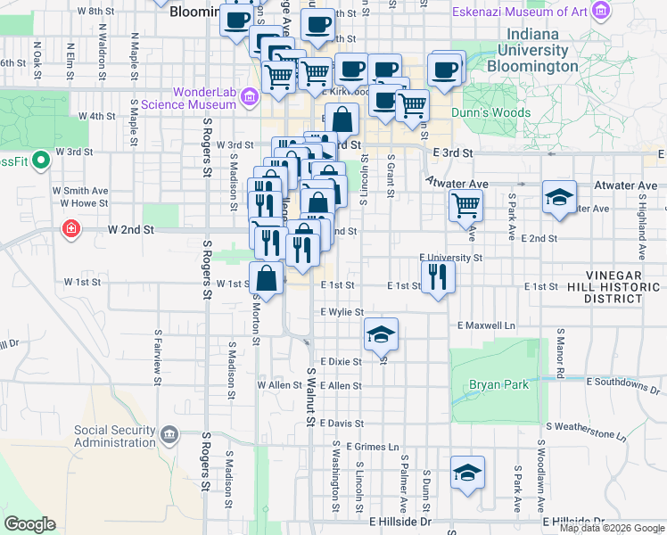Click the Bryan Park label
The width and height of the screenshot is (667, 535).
click(x=498, y=384)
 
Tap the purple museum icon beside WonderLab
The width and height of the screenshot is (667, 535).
click(x=249, y=96)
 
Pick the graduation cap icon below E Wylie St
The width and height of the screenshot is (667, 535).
click(x=381, y=334)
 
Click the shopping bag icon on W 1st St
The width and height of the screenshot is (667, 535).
click(x=267, y=278)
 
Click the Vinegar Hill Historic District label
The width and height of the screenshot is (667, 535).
click(x=623, y=286)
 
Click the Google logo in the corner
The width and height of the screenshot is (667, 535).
click(x=29, y=524)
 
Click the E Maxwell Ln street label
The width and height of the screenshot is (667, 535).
click(x=485, y=326)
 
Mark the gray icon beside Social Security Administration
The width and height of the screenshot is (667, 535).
click(x=169, y=436)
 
